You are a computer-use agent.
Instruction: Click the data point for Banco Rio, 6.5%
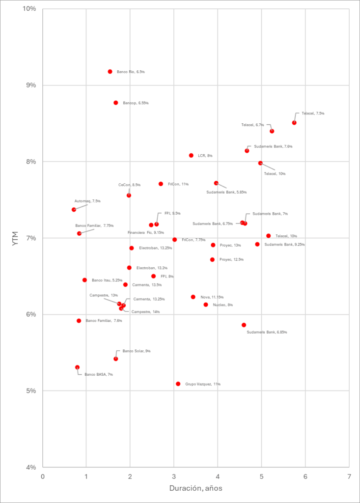click(x=110, y=72)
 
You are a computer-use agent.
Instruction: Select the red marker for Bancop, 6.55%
click(x=116, y=103)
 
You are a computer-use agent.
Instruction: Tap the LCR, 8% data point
click(x=191, y=155)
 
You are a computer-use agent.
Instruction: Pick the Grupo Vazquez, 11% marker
click(x=178, y=384)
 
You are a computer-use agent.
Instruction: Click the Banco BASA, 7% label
click(x=99, y=374)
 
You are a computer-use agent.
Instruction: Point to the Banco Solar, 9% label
click(x=137, y=351)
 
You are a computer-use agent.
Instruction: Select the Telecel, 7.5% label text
click(x=313, y=113)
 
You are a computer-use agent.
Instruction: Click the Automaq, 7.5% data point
click(x=74, y=209)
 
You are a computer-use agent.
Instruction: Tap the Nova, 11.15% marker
click(x=193, y=297)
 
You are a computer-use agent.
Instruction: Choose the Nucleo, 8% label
click(x=223, y=305)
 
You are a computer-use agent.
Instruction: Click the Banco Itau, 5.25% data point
click(x=84, y=280)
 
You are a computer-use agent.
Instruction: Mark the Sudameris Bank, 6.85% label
click(x=267, y=333)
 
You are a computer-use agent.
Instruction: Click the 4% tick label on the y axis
click(x=31, y=467)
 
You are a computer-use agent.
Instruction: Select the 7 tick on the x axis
click(x=349, y=476)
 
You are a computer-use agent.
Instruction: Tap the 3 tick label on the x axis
click(x=174, y=476)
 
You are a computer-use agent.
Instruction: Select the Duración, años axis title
click(x=195, y=489)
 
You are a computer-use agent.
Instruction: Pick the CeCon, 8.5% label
click(x=129, y=185)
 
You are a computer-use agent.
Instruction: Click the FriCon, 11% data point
click(x=161, y=184)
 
